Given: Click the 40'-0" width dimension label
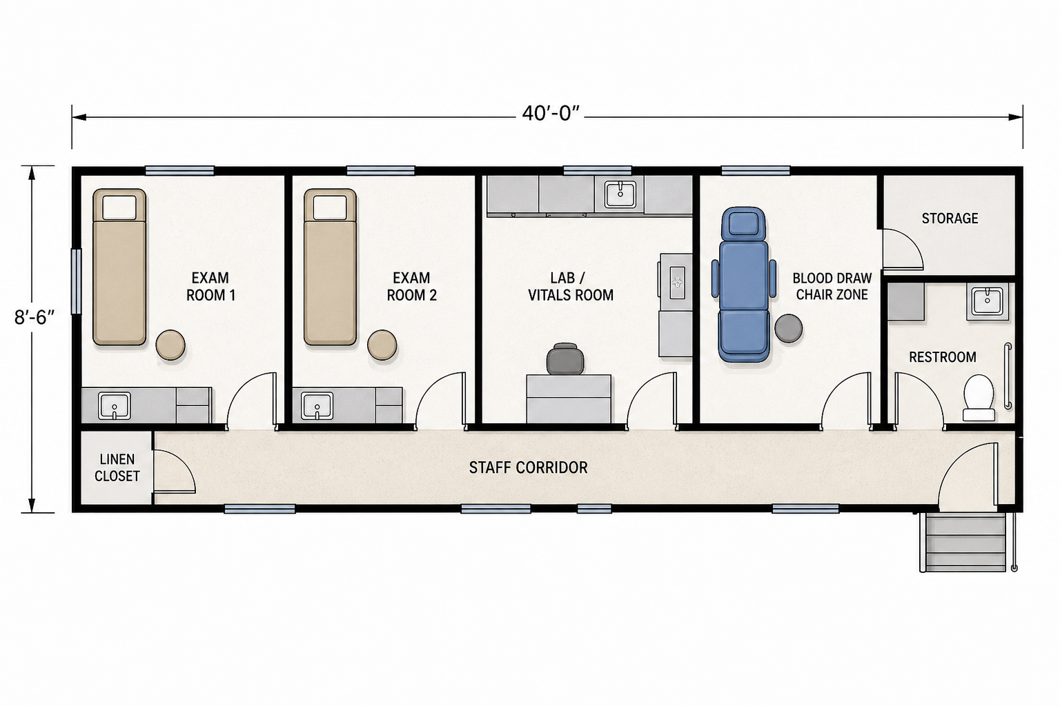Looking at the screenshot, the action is click(551, 114).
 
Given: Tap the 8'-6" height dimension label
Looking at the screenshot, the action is click(35, 317).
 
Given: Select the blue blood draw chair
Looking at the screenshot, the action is click(744, 285).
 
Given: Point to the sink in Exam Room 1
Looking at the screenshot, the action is click(114, 405).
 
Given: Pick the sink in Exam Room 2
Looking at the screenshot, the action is click(317, 405).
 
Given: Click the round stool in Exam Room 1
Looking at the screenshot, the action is click(170, 345).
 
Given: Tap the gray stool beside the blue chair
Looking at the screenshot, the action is click(788, 328).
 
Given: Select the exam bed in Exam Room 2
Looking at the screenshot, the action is click(330, 268).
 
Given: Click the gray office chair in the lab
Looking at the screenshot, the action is click(565, 359).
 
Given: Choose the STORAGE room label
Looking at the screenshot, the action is click(950, 218).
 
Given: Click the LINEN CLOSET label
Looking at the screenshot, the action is click(117, 467).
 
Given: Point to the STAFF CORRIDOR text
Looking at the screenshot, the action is click(528, 467).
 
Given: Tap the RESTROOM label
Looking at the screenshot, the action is click(942, 357).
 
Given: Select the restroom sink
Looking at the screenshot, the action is click(987, 303).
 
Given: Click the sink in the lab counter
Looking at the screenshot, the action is click(620, 194).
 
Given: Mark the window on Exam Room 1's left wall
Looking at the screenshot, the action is click(76, 281).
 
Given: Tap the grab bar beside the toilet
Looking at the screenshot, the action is click(1008, 376).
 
